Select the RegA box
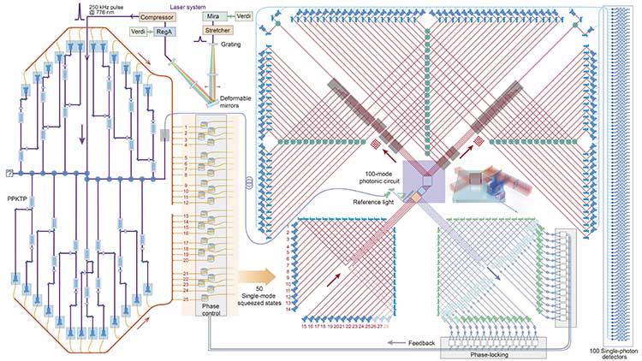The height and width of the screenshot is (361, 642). (163, 32)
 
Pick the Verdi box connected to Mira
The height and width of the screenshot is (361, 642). (245, 16)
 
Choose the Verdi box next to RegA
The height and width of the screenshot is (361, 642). (138, 32)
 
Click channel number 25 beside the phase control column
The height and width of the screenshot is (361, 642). (186, 299)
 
